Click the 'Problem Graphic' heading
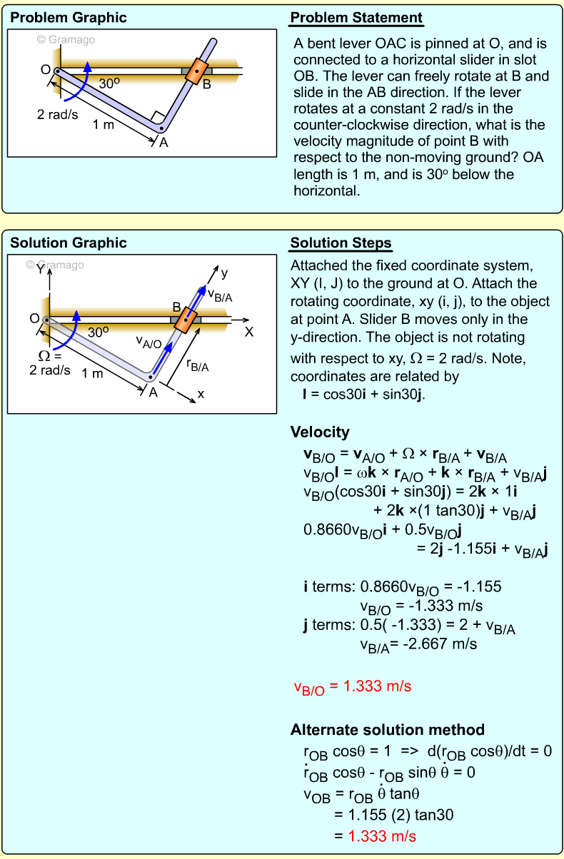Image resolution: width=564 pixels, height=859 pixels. click(68, 18)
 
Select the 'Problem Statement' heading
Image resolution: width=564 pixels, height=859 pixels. click(356, 18)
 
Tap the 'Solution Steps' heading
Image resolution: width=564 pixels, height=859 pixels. click(341, 244)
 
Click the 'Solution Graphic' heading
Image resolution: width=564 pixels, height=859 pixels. click(68, 244)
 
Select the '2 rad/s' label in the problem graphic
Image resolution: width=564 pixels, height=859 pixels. click(58, 114)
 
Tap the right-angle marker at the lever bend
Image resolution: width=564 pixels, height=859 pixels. click(158, 118)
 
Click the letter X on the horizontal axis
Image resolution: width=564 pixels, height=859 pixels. click(249, 332)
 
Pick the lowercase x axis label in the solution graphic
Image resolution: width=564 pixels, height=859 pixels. click(201, 393)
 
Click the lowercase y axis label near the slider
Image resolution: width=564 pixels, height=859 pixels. click(224, 273)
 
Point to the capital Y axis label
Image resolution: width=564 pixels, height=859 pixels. click(40, 270)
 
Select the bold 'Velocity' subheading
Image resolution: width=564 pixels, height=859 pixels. click(320, 432)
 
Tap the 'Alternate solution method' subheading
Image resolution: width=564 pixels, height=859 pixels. click(387, 730)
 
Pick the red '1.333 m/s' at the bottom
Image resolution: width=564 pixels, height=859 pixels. click(382, 836)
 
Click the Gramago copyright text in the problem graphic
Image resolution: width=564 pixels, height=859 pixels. click(66, 40)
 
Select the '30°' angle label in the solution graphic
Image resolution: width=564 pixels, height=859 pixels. click(99, 331)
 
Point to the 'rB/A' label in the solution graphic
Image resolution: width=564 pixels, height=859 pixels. click(197, 366)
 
